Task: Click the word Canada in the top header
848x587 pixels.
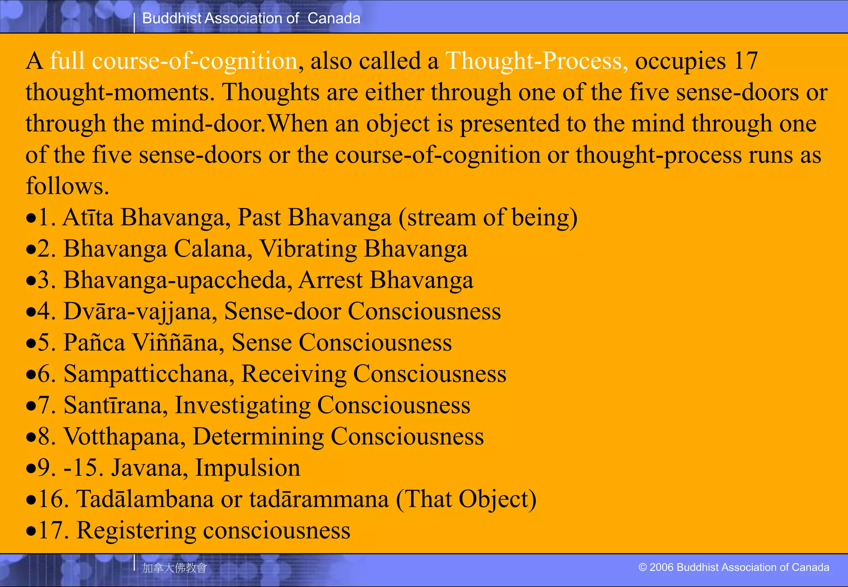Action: pos(334,18)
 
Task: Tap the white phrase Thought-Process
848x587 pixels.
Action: pos(536,61)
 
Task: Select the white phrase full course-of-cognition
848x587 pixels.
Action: pos(173,61)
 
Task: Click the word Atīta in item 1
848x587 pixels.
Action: pos(88,217)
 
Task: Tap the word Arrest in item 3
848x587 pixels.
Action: pos(330,280)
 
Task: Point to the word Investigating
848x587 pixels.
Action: pos(243,405)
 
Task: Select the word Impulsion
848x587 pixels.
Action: pos(248,468)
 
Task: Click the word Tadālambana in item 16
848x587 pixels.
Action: pos(145,499)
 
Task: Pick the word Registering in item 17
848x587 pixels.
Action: pos(136,530)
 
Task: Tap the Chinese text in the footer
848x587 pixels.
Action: pos(174,568)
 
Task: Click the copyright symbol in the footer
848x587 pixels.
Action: pos(642,567)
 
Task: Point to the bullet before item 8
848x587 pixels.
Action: pos(31,438)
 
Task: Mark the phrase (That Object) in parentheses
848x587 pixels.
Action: pos(466,499)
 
